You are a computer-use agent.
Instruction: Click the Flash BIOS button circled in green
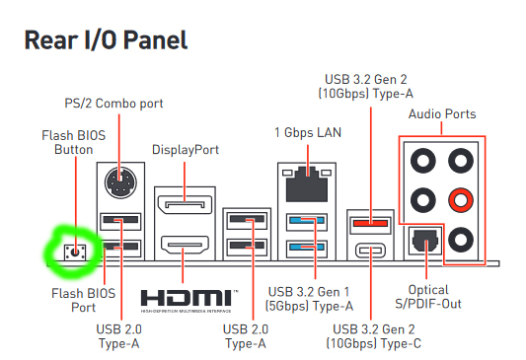click(75, 252)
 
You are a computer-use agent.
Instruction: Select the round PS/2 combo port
click(120, 183)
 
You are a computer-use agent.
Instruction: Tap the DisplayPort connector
click(185, 204)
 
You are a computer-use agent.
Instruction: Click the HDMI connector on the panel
click(185, 245)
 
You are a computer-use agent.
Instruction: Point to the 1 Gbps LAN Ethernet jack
click(307, 183)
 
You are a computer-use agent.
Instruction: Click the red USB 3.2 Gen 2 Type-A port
click(370, 222)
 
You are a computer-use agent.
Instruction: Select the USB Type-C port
click(370, 251)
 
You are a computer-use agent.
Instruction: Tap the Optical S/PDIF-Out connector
click(425, 240)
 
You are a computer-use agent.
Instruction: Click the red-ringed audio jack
click(461, 200)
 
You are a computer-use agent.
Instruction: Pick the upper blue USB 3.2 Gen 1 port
click(307, 221)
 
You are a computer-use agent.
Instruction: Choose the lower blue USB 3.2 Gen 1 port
click(307, 248)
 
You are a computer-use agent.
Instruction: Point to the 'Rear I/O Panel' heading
click(106, 40)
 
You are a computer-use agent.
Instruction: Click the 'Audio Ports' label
click(442, 114)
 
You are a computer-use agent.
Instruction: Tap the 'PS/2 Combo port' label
click(113, 104)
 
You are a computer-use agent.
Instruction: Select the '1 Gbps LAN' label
click(308, 132)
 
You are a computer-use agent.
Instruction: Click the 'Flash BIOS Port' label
click(84, 301)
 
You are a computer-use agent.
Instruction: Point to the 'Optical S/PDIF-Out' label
click(428, 297)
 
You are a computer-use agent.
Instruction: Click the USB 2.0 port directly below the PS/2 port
click(120, 221)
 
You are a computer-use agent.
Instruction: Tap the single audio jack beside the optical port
click(461, 240)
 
